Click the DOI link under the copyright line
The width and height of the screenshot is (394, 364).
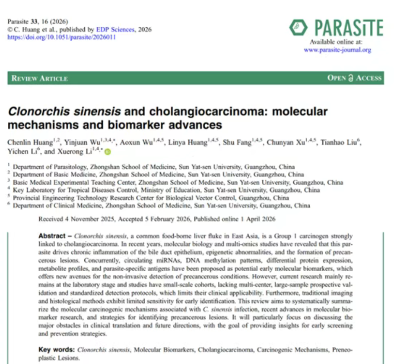tap(62, 37)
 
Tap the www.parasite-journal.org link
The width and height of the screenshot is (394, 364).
tap(337, 50)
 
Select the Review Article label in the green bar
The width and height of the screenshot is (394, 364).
tap(40, 78)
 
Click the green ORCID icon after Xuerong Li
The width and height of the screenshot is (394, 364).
tap(107, 152)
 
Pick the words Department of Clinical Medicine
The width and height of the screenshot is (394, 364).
tap(56, 206)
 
